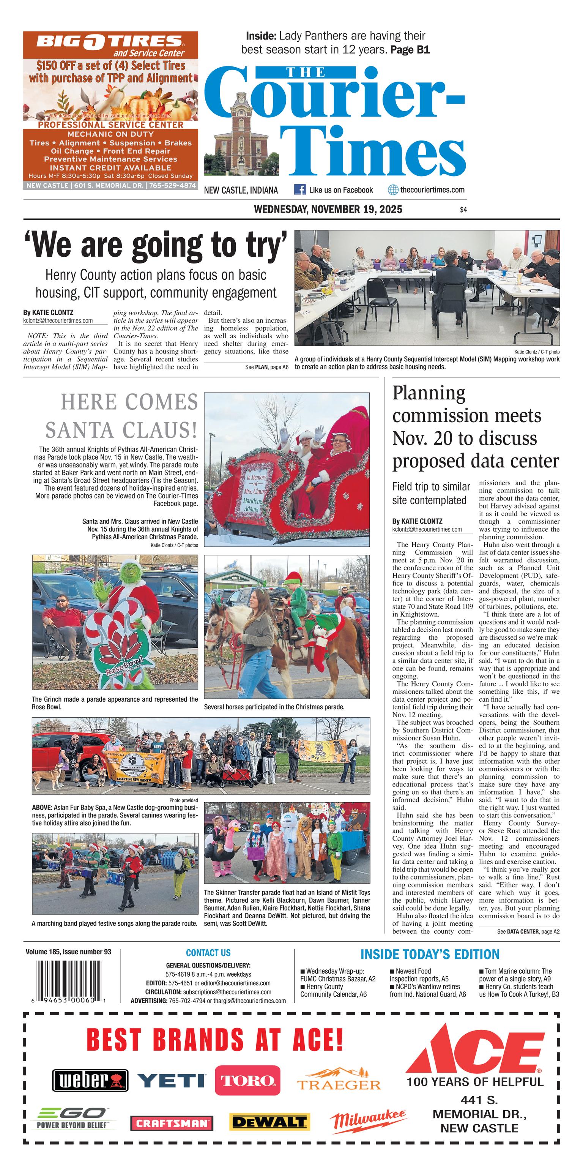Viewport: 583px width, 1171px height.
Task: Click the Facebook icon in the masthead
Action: coord(299,189)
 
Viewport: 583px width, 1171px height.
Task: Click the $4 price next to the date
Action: coord(463,210)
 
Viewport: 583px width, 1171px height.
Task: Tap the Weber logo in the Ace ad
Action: coord(90,1080)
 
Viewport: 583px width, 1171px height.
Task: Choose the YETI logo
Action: coord(171,1080)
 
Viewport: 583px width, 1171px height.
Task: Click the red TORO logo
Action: coord(247,1080)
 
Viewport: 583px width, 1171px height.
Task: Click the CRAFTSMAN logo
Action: coord(171,1123)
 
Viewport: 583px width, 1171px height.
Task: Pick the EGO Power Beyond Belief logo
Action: coord(73,1118)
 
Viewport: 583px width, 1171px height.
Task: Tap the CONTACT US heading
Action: coord(208,952)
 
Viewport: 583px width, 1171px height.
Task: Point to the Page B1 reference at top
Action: coord(410,49)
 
